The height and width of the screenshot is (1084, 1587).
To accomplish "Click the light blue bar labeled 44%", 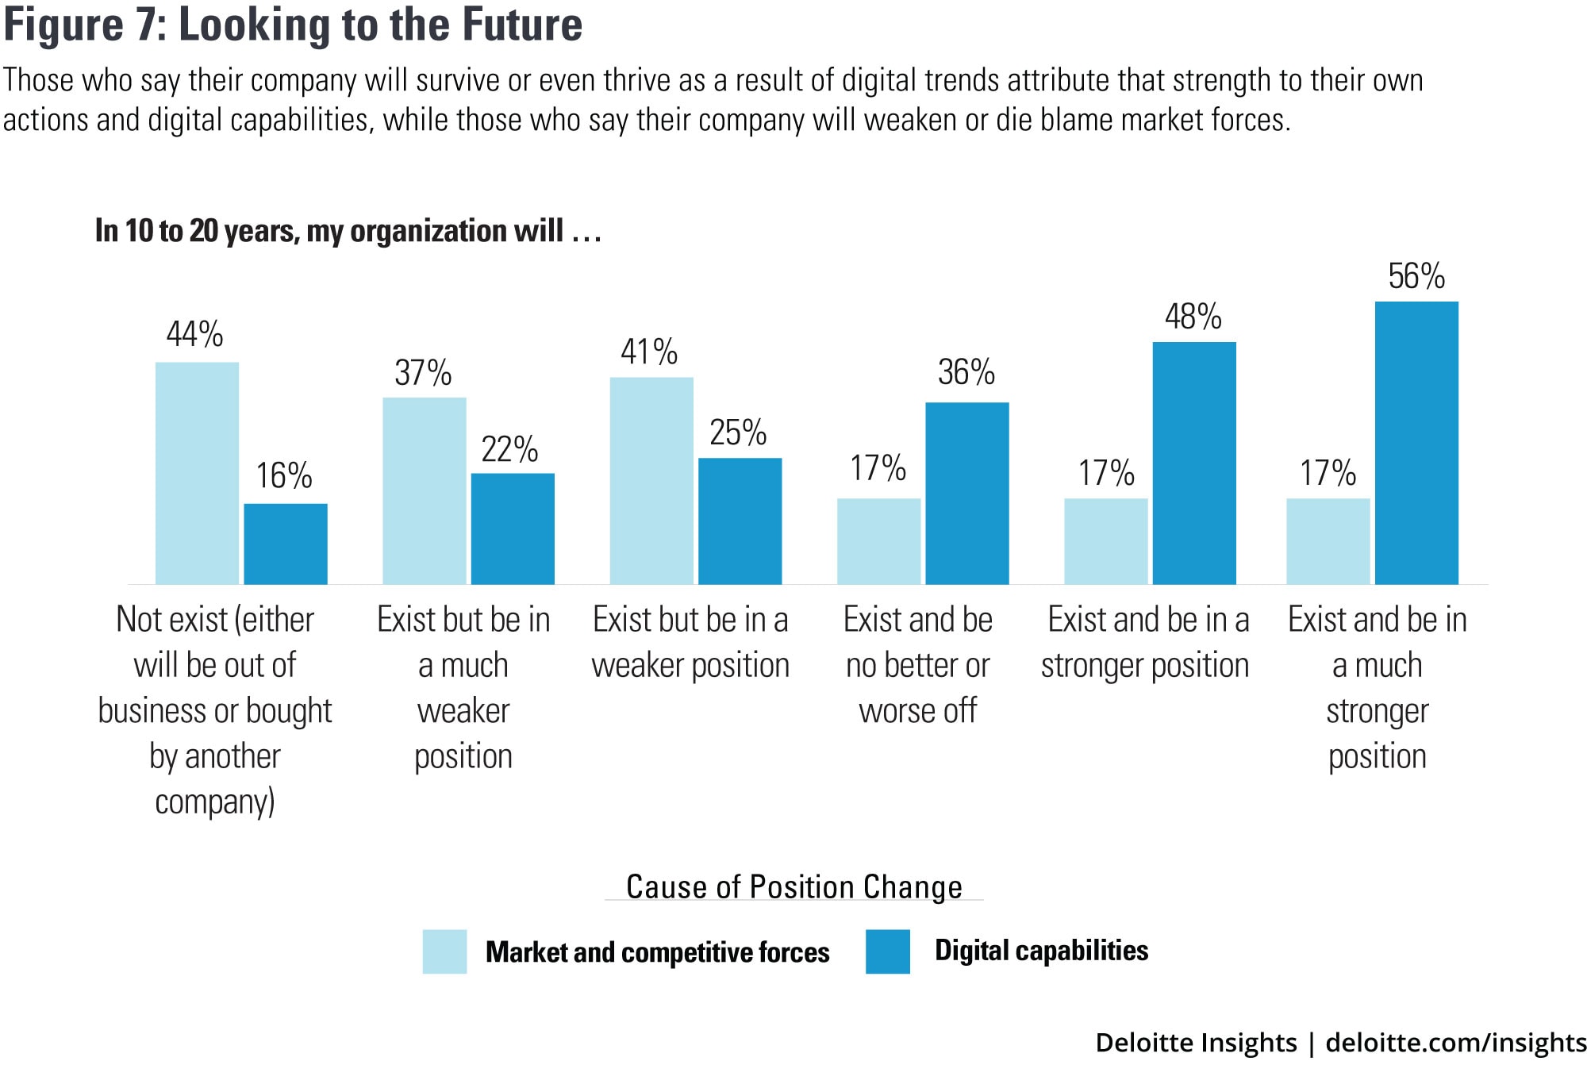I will pos(197,473).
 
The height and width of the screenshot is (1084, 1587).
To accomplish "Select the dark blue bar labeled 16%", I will pos(285,544).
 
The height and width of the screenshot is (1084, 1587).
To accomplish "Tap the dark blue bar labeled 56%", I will pos(1416,443).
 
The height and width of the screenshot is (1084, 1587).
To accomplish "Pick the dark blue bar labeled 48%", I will pos(1194,463).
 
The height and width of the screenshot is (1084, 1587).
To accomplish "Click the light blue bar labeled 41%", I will pos(651,480).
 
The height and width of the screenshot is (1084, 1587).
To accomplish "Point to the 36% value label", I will pos(966,373).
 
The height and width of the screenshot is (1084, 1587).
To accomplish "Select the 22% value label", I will pos(509,450).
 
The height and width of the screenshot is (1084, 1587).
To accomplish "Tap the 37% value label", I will pos(423,373).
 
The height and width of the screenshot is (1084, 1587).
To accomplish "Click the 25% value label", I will pos(738,433).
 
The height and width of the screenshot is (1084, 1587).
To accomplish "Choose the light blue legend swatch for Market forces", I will pos(444,951).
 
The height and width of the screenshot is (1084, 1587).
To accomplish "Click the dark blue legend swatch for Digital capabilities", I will pos(887,951).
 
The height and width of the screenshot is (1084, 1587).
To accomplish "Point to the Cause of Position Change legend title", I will pos(793,887).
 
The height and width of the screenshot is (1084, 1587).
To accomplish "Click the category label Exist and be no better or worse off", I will pos(918,665).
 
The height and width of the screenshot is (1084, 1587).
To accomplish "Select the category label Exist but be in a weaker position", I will pos(690,642).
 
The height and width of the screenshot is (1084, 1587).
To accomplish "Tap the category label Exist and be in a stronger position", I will pos(1146,642).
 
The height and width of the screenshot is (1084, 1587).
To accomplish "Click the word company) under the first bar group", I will pos(215,802).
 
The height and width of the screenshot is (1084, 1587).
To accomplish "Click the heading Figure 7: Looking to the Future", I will pos(293,25).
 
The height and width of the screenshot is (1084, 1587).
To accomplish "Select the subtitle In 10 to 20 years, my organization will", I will pos(348,231).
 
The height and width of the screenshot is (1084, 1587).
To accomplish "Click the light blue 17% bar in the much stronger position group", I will pos(1328,541).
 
